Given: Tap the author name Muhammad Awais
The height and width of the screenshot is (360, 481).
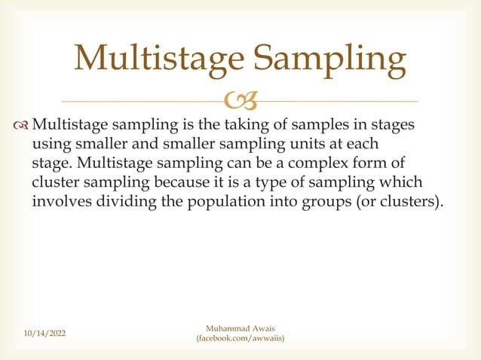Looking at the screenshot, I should tap(240, 328).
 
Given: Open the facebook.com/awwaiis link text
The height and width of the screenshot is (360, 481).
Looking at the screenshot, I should tap(240, 340).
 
